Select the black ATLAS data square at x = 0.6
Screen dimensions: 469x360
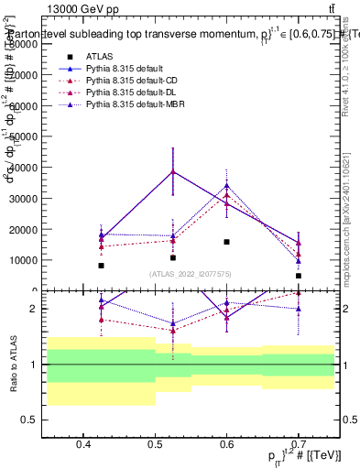click(226, 242)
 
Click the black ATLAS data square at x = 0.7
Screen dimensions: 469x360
click(299, 276)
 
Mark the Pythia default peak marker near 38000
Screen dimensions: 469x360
click(172, 171)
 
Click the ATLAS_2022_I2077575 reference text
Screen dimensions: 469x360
click(191, 274)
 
